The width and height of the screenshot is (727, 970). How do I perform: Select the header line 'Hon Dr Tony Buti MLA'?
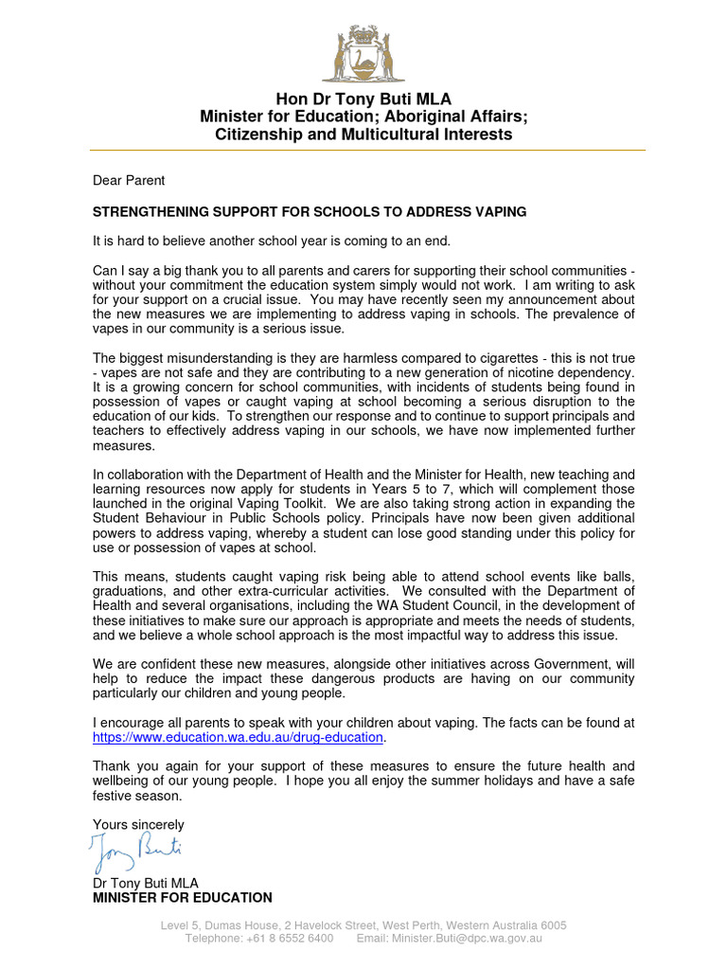point(363,99)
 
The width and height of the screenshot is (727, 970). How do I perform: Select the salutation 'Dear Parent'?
point(129,180)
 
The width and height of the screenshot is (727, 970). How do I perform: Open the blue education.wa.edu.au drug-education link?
point(239,737)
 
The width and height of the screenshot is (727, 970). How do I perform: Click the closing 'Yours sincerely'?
point(138,825)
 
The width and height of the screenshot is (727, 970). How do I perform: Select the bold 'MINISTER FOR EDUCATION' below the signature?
point(182,898)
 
